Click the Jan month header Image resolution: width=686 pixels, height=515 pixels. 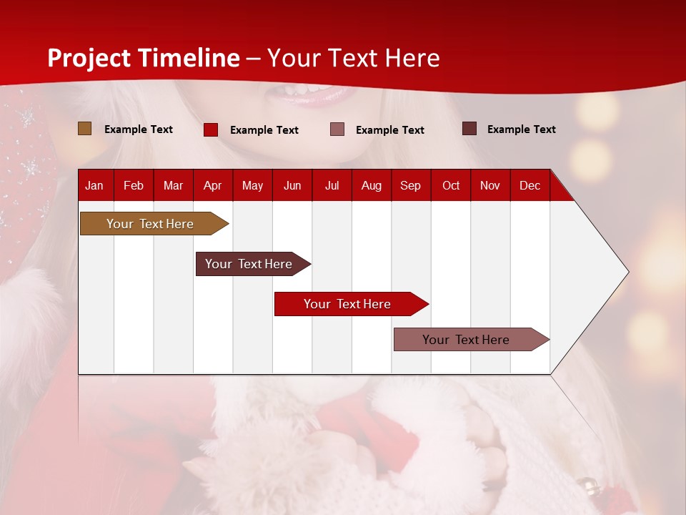[x=94, y=186]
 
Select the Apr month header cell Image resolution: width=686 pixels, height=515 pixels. [x=212, y=186]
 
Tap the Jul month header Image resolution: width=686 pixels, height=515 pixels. [x=332, y=186]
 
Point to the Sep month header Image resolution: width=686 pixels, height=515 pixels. [x=410, y=186]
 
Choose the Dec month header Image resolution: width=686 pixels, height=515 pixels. [x=530, y=186]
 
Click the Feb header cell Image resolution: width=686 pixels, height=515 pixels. [x=134, y=186]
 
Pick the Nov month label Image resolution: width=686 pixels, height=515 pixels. [x=489, y=186]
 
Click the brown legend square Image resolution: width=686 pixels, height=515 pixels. [x=85, y=129]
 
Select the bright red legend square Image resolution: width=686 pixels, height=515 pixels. [x=211, y=129]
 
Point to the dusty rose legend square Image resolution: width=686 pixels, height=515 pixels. [x=337, y=129]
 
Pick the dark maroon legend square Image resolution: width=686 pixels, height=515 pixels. [x=469, y=129]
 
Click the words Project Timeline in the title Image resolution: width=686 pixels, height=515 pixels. [x=144, y=58]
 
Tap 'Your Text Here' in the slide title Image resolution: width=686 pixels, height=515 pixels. [x=354, y=58]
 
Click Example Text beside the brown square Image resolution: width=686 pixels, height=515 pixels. [x=139, y=129]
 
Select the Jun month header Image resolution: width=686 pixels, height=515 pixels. [x=292, y=186]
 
